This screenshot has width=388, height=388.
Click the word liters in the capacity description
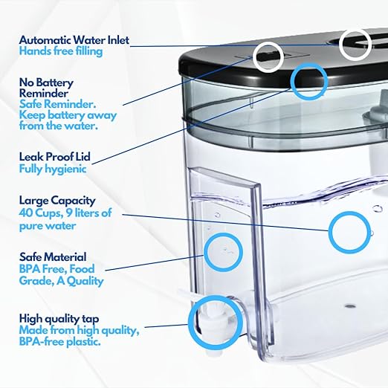[x=91, y=213]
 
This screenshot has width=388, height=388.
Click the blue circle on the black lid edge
[x=308, y=78]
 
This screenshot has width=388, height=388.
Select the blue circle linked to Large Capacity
[x=349, y=230]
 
